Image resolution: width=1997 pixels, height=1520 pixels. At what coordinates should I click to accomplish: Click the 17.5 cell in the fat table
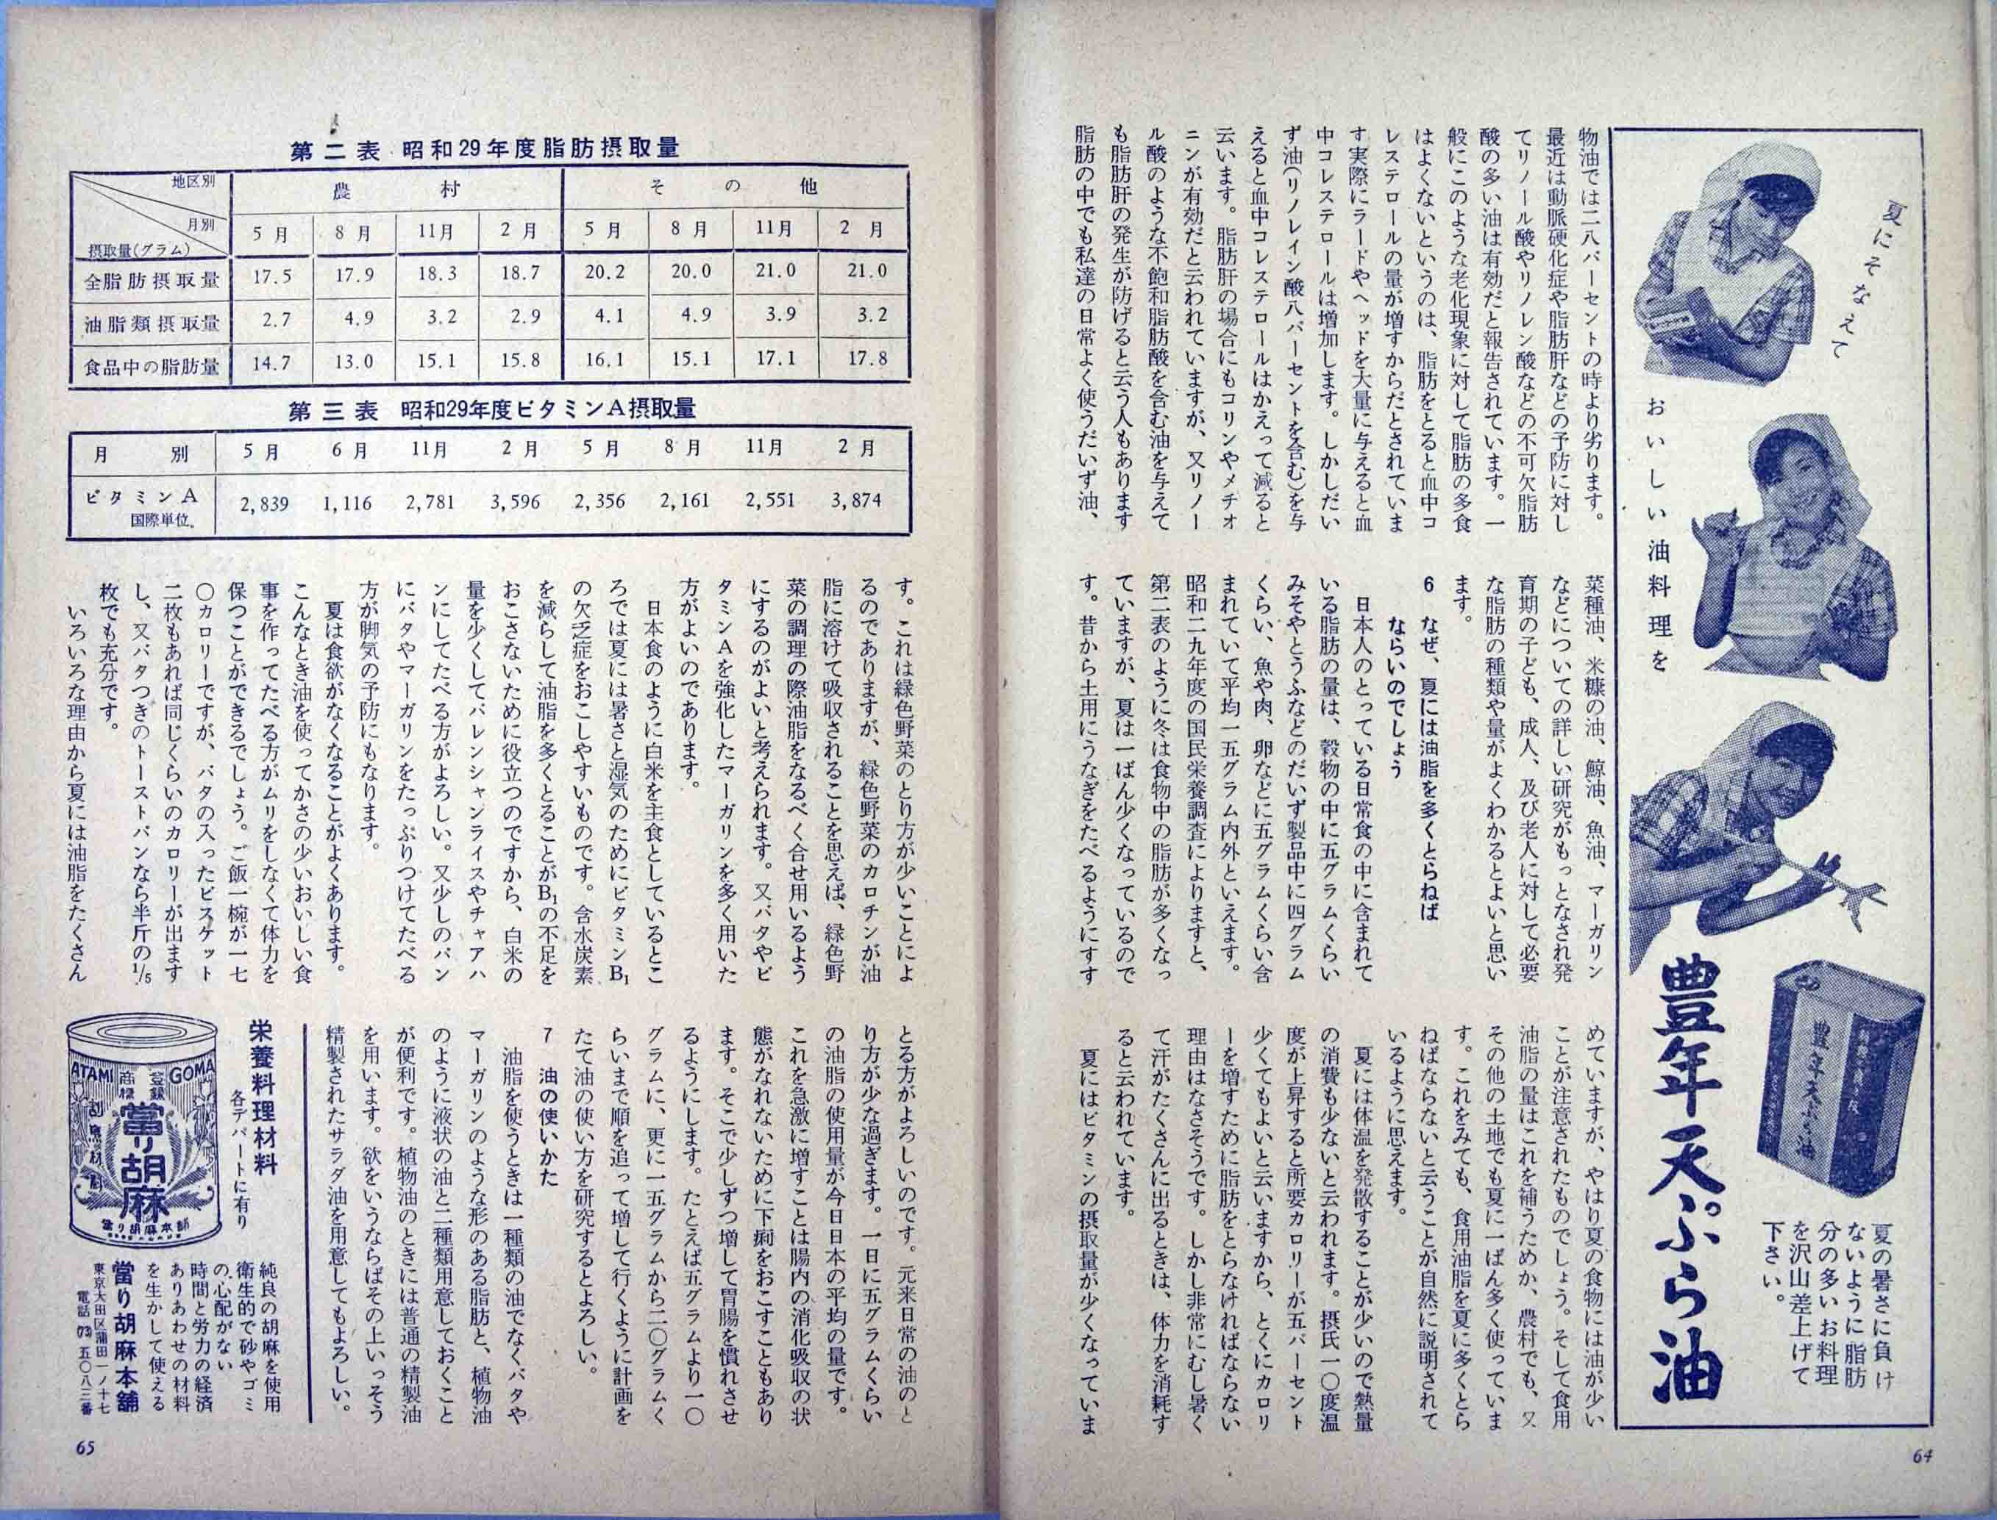click(x=271, y=277)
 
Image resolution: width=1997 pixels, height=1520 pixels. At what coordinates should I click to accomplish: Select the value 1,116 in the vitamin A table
click(x=346, y=502)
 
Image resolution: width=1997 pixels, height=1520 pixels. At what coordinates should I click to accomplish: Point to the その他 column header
click(x=733, y=187)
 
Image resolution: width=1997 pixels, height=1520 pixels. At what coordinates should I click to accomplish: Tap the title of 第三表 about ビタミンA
click(x=491, y=411)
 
